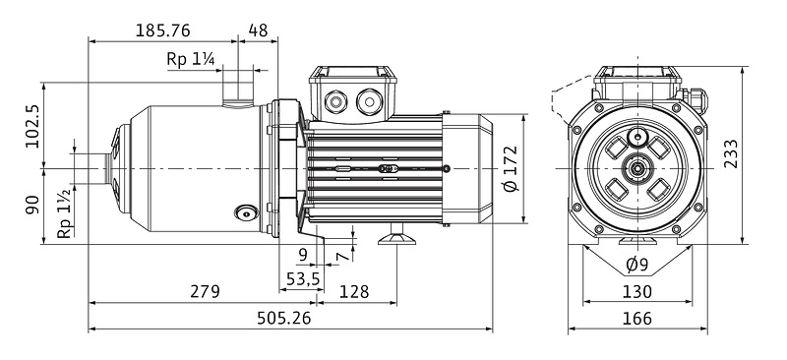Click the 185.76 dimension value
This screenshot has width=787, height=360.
tap(163, 30)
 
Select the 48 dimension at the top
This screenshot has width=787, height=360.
tap(258, 30)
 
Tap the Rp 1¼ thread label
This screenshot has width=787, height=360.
tap(191, 59)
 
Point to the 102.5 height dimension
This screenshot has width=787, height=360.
tap(33, 125)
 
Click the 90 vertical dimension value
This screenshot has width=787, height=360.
tap(32, 205)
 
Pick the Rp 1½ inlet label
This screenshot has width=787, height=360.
tap(65, 214)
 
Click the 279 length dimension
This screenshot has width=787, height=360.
tap(205, 291)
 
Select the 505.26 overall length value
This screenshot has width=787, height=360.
tap(283, 318)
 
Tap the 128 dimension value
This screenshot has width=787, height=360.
tap(354, 291)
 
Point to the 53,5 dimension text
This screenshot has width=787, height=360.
tap(303, 278)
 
